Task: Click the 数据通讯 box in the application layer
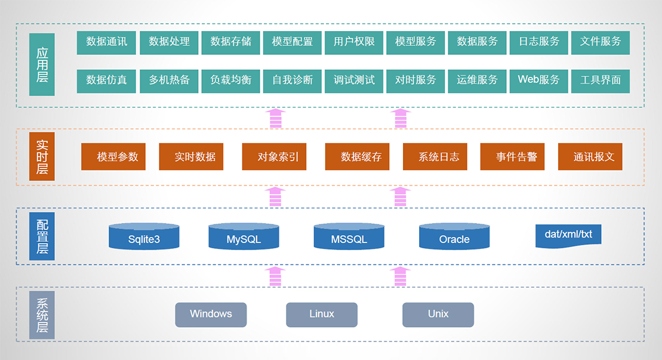click(x=106, y=42)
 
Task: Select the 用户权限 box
click(x=354, y=42)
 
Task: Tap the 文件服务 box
click(x=600, y=42)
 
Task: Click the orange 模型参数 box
click(x=113, y=157)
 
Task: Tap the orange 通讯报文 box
click(x=590, y=157)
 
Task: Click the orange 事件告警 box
click(x=512, y=157)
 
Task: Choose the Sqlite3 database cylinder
click(x=144, y=237)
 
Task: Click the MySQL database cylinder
click(x=244, y=237)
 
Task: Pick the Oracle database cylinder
click(x=454, y=237)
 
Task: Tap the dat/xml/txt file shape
click(x=568, y=235)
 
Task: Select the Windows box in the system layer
click(x=211, y=315)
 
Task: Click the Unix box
click(x=438, y=315)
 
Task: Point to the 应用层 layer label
click(x=42, y=64)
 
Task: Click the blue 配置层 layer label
click(x=42, y=236)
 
